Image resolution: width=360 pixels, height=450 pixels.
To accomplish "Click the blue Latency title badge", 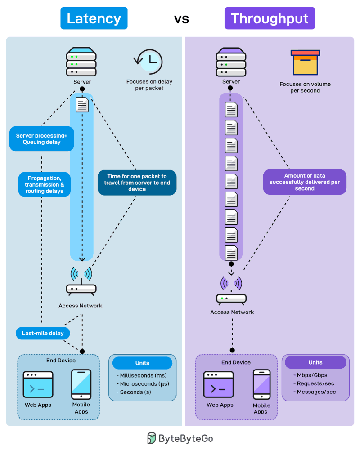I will (x=94, y=18).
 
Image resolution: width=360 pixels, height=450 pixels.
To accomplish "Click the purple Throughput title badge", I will (x=270, y=18).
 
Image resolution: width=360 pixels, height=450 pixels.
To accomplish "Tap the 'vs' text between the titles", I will (x=182, y=19).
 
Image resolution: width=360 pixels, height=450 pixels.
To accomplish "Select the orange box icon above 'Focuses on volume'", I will (x=305, y=62).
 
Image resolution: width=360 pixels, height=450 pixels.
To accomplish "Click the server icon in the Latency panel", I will (x=81, y=62).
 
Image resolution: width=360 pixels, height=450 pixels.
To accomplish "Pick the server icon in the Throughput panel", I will (x=231, y=62).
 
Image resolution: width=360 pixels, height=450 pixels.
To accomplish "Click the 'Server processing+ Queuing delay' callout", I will (x=41, y=138).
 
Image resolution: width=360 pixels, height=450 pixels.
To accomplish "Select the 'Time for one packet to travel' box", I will (x=137, y=183).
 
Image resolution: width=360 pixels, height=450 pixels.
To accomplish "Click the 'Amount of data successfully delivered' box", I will (x=305, y=182).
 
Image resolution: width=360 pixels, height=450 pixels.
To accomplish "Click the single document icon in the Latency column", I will (x=82, y=105).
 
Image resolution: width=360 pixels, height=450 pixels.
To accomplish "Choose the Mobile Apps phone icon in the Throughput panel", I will (x=261, y=384).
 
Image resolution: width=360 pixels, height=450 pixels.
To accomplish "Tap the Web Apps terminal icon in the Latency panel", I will (x=38, y=385).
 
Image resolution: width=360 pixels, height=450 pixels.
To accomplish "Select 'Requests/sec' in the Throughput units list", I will (x=316, y=383).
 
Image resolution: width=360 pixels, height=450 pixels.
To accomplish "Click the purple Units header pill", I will (x=315, y=362).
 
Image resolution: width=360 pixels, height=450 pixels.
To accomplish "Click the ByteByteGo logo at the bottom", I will (x=180, y=438).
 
